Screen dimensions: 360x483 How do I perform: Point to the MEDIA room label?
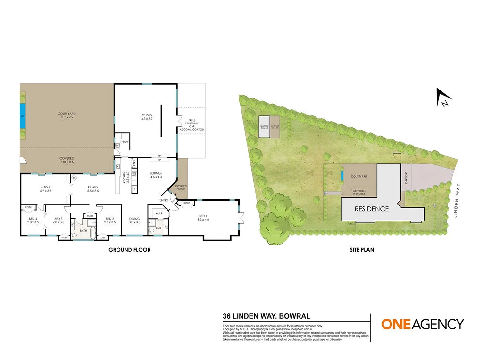click(45, 189)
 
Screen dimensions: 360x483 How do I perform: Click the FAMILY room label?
click(93, 189)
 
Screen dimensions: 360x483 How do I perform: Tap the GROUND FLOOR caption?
click(129, 250)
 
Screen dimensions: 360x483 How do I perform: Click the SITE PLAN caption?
click(362, 250)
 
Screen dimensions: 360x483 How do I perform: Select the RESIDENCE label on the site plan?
click(372, 209)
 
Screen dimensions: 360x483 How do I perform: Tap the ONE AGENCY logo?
click(422, 324)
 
